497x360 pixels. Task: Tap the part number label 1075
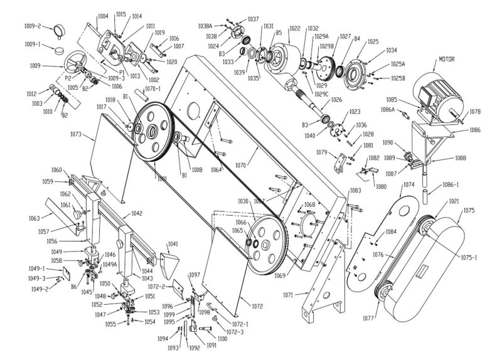coord(468,211)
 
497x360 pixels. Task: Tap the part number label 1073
coord(77,134)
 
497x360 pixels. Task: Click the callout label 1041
coord(173,243)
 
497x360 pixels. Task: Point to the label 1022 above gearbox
coord(294,29)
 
